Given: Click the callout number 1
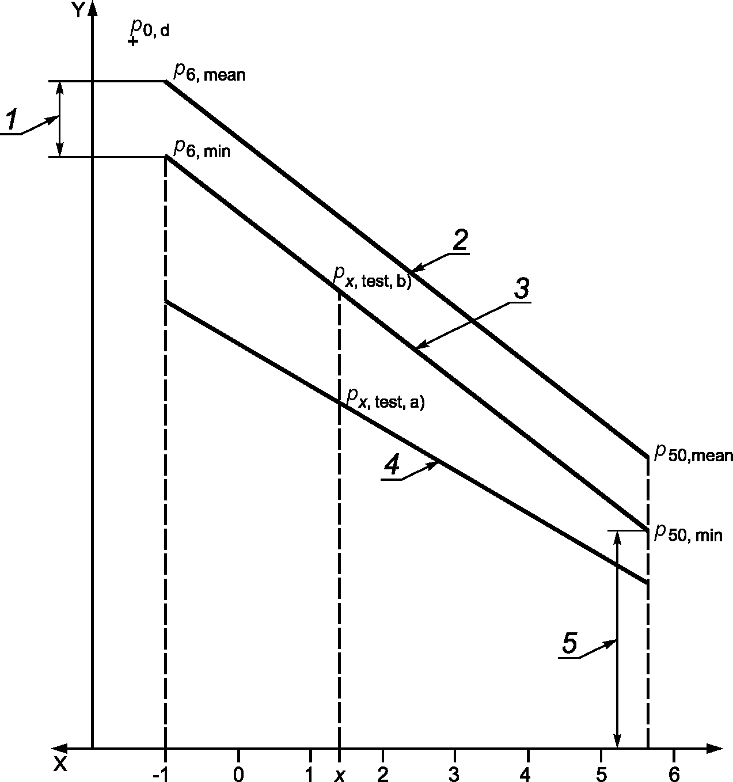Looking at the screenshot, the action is click(x=13, y=120).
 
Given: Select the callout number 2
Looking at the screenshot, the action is click(x=460, y=240).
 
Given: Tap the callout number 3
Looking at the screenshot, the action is click(x=522, y=289).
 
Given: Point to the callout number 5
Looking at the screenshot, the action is click(x=569, y=643).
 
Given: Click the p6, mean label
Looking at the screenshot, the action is click(x=210, y=73).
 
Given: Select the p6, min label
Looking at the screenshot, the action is click(x=202, y=148).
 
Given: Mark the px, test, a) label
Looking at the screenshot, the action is click(x=386, y=399).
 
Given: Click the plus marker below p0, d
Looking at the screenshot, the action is click(x=133, y=41).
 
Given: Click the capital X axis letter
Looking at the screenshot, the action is click(x=60, y=764).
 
